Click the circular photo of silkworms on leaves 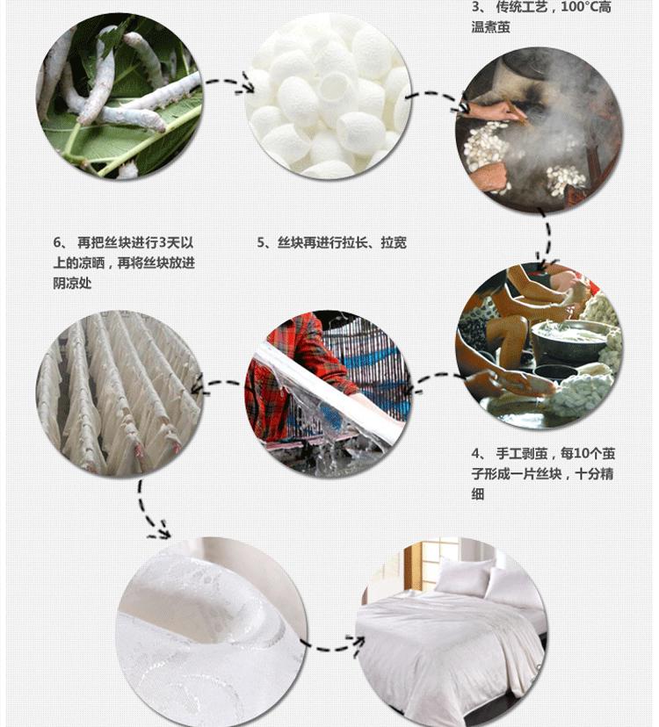click(x=119, y=96)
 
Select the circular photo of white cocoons click(x=328, y=96)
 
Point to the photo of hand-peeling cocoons click(x=540, y=345)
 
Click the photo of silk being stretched click(x=328, y=394)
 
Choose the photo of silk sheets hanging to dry click(x=119, y=394)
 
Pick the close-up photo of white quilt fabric click(x=211, y=632)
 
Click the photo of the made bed click(x=452, y=632)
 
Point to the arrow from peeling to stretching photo click(x=436, y=377)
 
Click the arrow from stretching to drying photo click(x=218, y=384)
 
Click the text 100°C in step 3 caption click(x=579, y=7)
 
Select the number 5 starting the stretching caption click(x=261, y=242)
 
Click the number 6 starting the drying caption click(x=57, y=242)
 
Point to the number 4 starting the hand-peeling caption click(x=475, y=453)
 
